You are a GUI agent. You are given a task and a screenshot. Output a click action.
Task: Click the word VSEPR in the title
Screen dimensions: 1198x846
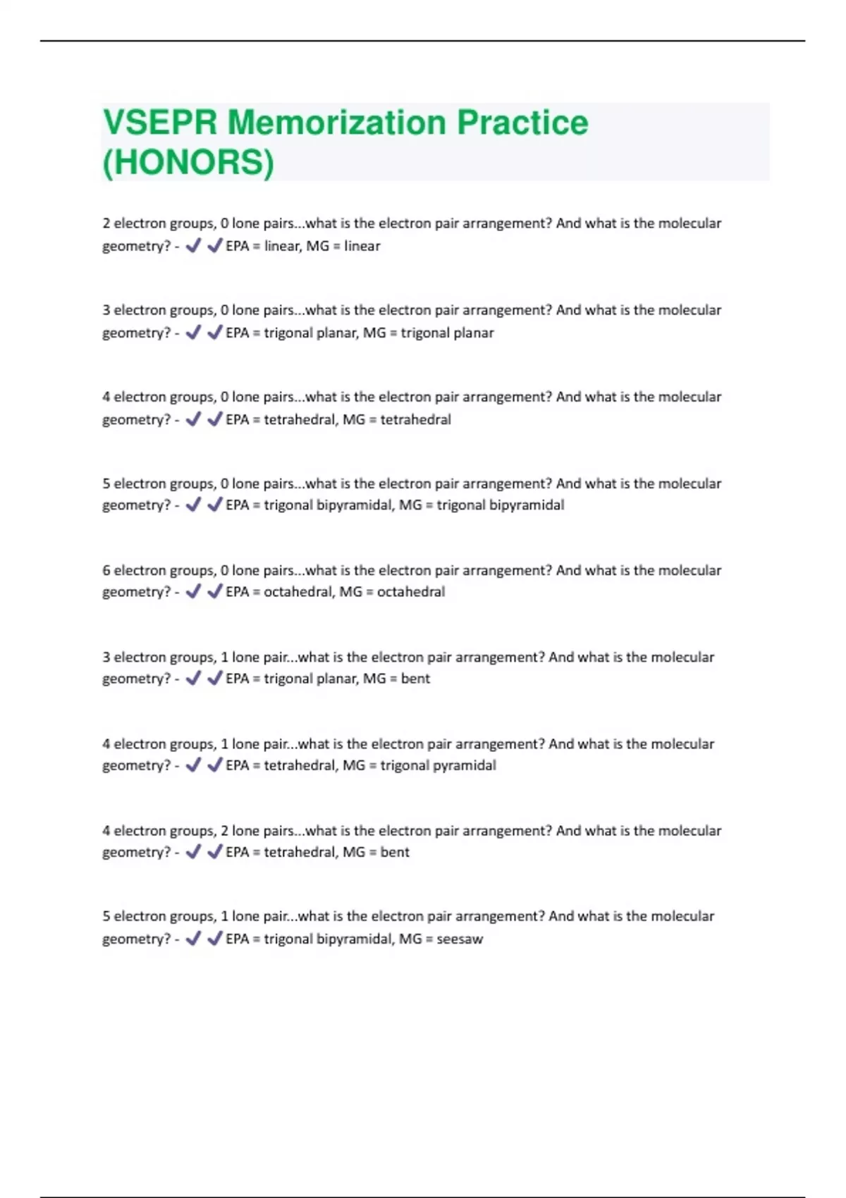pos(160,123)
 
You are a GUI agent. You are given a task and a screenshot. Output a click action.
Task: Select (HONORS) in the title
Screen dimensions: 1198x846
pos(188,162)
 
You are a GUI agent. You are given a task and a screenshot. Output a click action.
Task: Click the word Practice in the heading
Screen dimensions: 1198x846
pos(522,123)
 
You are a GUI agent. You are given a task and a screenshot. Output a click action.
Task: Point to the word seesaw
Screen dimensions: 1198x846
pos(460,939)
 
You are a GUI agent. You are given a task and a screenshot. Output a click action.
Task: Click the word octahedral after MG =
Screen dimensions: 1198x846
pos(411,592)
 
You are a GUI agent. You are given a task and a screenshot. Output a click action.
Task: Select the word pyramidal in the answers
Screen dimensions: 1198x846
pos(463,765)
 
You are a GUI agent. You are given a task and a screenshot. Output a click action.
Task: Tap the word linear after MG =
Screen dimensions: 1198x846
pos(362,246)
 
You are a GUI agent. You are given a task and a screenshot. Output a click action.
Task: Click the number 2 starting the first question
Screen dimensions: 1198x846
pos(106,223)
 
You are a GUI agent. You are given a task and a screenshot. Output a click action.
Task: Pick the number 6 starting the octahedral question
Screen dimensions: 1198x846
pos(106,570)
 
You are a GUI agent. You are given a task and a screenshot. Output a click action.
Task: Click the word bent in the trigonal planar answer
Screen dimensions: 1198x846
pos(415,679)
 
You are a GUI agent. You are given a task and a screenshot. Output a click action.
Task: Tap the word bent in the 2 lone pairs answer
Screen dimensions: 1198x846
pos(395,852)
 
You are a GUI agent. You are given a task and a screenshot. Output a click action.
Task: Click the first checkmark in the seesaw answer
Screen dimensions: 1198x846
pos(193,938)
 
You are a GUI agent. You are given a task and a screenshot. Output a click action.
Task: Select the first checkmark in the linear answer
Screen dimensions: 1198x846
pos(193,245)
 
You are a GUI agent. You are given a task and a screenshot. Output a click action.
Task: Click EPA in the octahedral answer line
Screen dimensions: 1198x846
pos(238,592)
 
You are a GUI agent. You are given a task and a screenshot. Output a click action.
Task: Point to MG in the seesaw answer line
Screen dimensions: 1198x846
pos(410,939)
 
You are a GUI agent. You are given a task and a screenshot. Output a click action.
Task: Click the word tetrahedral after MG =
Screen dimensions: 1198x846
pos(415,419)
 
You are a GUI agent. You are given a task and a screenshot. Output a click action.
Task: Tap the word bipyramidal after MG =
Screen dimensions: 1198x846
pos(530,505)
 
